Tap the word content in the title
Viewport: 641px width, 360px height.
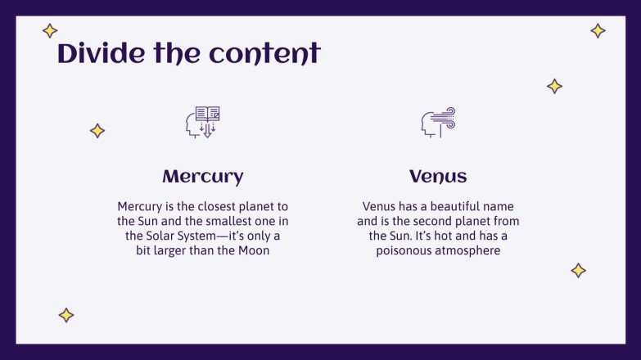[x=264, y=54]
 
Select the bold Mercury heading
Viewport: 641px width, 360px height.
[x=202, y=177]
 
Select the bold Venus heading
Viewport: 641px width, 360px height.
[x=438, y=177]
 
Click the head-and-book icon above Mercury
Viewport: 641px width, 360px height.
[x=202, y=122]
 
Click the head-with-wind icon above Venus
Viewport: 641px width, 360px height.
[x=438, y=122]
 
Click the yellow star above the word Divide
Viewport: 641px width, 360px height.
[x=50, y=31]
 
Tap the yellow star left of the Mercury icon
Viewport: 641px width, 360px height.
[x=97, y=130]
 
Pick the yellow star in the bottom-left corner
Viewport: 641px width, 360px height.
[x=66, y=315]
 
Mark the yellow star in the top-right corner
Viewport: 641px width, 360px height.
[x=598, y=31]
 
